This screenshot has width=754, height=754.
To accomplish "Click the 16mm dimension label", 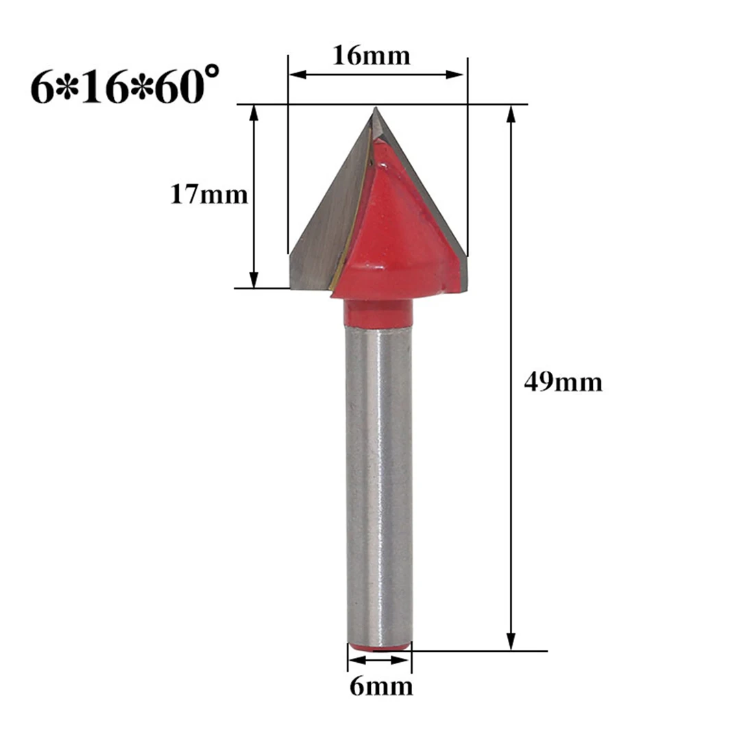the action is [x=372, y=56].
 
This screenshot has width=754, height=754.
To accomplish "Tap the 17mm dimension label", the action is [x=209, y=195].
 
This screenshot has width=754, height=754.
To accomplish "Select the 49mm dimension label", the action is [x=563, y=382].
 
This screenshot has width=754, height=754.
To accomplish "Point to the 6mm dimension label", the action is [x=381, y=686].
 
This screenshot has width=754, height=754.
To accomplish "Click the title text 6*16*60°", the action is [x=125, y=86].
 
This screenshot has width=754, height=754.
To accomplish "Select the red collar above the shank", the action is [x=378, y=313].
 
